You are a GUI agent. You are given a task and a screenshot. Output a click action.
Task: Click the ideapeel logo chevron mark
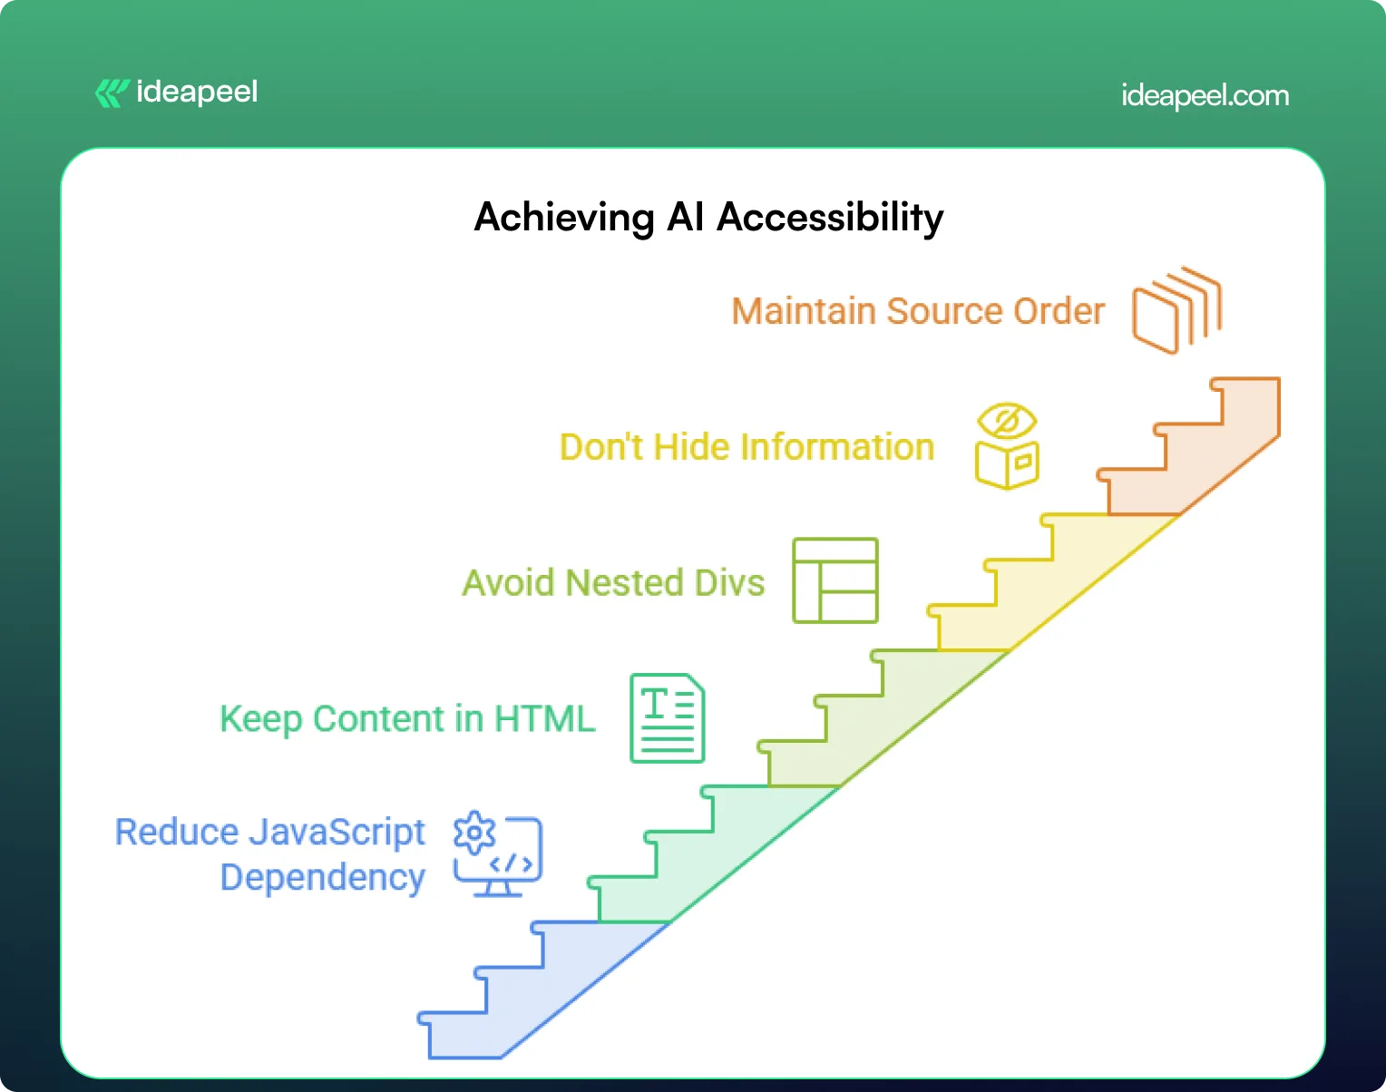point(112,93)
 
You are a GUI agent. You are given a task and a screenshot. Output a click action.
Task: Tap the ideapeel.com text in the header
point(1205,96)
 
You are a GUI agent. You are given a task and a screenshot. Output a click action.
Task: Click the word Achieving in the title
point(564,217)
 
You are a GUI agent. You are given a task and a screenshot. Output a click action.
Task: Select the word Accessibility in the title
point(830,217)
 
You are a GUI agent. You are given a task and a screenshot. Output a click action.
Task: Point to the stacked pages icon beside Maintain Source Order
point(1177,310)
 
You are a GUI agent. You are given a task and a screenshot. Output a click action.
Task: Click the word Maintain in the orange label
point(804,311)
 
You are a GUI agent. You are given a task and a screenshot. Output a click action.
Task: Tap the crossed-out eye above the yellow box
point(1007,421)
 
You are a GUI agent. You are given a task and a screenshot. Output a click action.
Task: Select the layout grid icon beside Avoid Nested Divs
point(835,581)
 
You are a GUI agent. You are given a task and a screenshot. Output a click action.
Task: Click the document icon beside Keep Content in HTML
point(668,717)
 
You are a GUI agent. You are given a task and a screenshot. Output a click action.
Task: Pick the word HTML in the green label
point(545,718)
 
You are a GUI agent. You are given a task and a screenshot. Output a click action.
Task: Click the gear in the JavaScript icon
point(474,833)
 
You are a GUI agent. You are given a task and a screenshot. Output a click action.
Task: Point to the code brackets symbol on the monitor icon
point(511,863)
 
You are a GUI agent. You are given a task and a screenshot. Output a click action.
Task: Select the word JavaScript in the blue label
point(337,832)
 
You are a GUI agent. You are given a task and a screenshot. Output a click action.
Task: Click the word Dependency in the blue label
point(323,877)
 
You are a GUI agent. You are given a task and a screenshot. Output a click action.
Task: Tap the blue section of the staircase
point(515,1005)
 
